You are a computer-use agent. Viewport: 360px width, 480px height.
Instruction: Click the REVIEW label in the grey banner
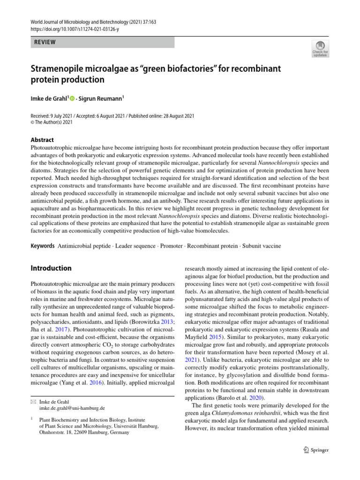(45, 42)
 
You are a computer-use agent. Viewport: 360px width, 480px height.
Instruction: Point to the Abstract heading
(42, 140)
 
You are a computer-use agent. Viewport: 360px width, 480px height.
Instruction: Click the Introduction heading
(51, 268)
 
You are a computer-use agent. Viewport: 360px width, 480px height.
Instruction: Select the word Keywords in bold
(42, 246)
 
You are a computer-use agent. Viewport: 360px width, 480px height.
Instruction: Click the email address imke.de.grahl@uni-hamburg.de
(72, 408)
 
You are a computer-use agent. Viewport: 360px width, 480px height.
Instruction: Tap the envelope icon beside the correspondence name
(33, 402)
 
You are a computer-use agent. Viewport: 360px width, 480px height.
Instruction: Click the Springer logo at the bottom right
(313, 450)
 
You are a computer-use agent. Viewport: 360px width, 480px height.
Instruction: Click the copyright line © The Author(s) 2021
(52, 122)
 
